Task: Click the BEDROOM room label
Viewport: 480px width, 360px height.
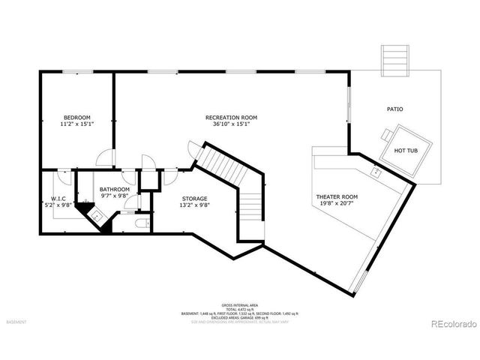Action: click(x=76, y=118)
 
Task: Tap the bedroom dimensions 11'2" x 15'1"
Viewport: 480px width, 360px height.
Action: click(x=76, y=124)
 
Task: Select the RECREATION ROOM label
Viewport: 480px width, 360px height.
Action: click(x=232, y=118)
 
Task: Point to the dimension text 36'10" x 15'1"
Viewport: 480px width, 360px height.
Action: click(x=232, y=124)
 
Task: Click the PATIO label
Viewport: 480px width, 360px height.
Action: click(x=394, y=109)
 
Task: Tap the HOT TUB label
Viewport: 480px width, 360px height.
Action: click(x=405, y=150)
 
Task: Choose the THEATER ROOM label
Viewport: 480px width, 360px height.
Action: click(x=337, y=196)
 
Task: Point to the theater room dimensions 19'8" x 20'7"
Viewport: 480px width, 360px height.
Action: click(x=337, y=203)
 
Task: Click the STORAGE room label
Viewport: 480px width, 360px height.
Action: click(x=194, y=199)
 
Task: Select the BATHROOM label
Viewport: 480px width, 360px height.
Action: click(x=115, y=189)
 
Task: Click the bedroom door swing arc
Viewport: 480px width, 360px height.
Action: click(x=106, y=157)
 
